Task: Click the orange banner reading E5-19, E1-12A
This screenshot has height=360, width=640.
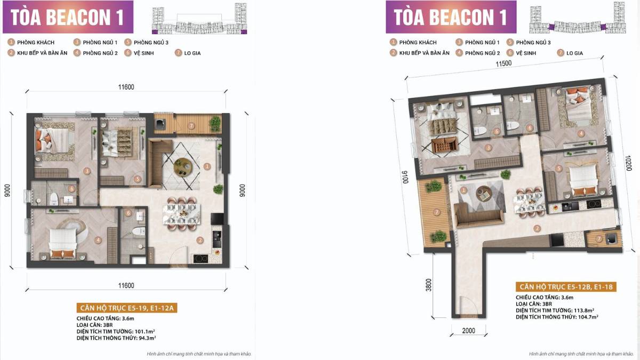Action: pyautogui.click(x=126, y=308)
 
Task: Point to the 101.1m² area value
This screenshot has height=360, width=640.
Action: pyautogui.click(x=146, y=331)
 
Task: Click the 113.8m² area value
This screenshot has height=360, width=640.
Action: pyautogui.click(x=585, y=310)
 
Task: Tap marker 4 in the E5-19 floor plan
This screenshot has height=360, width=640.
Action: pyautogui.click(x=98, y=240)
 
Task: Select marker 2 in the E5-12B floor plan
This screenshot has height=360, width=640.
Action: pyautogui.click(x=538, y=229)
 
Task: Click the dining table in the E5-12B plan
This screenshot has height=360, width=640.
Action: pyautogui.click(x=527, y=202)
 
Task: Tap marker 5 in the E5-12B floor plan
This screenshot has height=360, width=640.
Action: pyautogui.click(x=558, y=169)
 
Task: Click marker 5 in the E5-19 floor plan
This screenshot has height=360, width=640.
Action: pyautogui.click(x=137, y=179)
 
